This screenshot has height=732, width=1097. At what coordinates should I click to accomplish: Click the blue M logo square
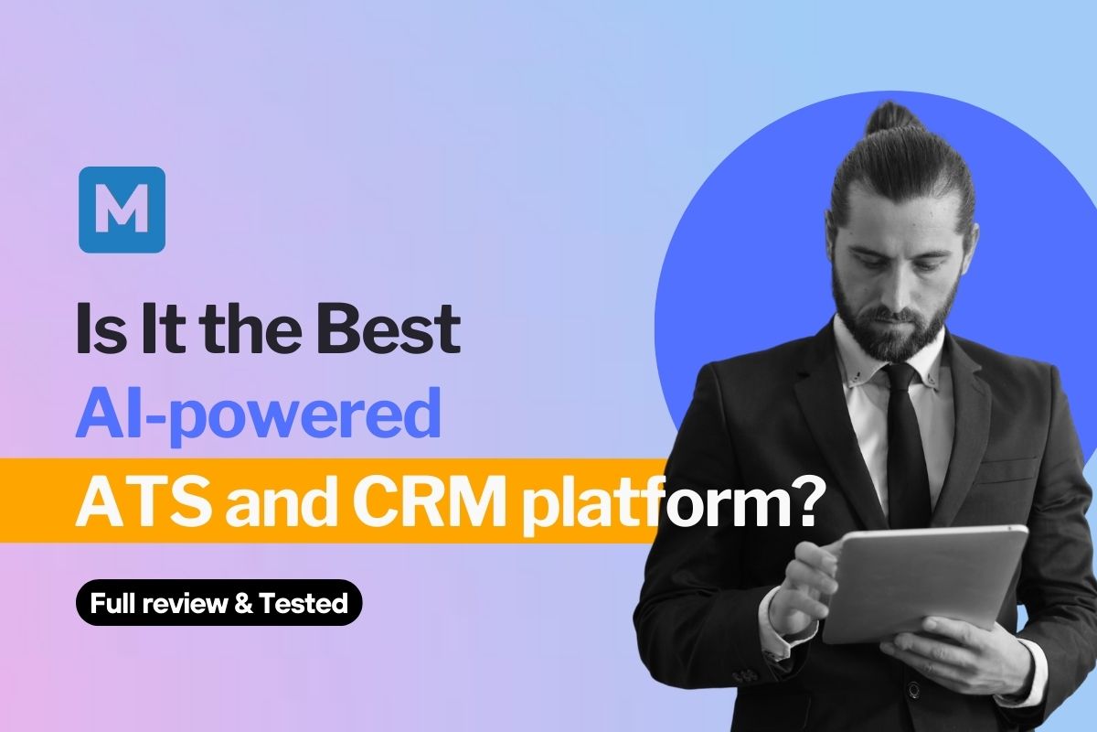pos(122,210)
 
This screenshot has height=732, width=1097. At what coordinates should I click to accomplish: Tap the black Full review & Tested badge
pos(218,603)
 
